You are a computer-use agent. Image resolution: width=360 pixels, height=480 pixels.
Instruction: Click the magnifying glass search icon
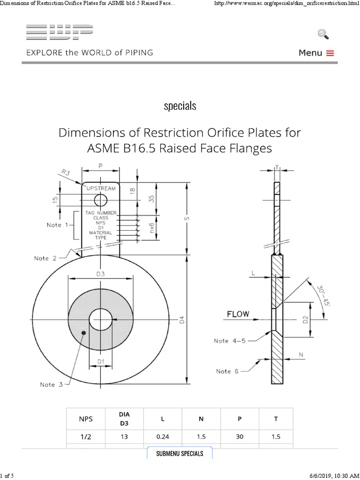coord(323,34)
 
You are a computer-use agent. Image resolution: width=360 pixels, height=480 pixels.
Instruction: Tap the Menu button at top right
coord(316,53)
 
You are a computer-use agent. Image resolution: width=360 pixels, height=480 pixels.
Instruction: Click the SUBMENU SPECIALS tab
coord(180,453)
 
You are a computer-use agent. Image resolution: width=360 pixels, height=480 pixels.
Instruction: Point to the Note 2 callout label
coord(45,258)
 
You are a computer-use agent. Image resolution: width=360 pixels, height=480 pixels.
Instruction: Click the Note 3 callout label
coord(51,385)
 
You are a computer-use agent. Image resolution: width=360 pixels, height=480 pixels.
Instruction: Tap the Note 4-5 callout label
coord(230,341)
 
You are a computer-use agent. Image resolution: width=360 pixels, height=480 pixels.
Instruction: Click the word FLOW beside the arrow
coord(238,314)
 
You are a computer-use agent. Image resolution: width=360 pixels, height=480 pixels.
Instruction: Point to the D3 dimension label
coord(100,274)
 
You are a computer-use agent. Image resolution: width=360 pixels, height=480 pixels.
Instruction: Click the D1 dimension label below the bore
coord(100,361)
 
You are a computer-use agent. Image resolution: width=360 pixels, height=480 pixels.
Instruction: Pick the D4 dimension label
coord(182,320)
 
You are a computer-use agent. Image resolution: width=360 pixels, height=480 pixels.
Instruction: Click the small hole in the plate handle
coord(100,201)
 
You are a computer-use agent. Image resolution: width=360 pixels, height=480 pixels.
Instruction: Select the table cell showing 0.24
coord(163,436)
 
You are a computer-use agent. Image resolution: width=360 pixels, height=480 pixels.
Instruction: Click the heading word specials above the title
coord(180,106)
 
